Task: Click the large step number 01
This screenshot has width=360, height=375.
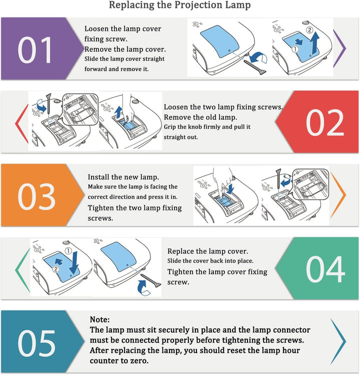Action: point(34,50)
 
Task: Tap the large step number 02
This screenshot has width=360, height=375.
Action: point(325,122)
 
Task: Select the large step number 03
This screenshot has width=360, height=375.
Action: point(36,196)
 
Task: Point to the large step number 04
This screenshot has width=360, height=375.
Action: point(325,269)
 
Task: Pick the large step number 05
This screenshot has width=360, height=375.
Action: point(36,343)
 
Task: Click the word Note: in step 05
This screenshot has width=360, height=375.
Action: point(99,319)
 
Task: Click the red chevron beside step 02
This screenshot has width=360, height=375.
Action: point(21,123)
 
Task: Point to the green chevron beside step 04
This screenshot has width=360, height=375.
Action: point(22,270)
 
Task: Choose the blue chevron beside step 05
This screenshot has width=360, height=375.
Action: point(338,341)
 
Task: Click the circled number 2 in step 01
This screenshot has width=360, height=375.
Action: point(309,30)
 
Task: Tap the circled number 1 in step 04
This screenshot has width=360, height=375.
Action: point(68,250)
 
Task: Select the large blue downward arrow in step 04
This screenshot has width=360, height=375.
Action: point(74,262)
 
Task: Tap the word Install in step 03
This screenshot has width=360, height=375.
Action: point(98,177)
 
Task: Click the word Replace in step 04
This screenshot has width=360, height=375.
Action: point(180,251)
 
